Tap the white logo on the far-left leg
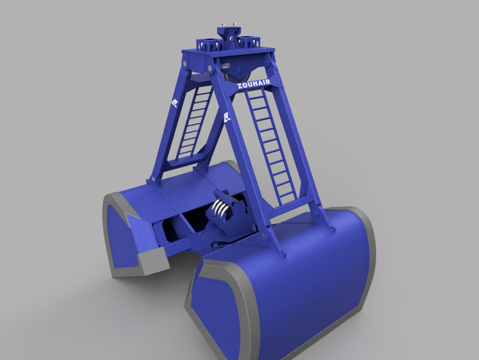click(x=174, y=103)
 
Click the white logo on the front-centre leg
click(x=227, y=118)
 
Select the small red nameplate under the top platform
click(x=227, y=66)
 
